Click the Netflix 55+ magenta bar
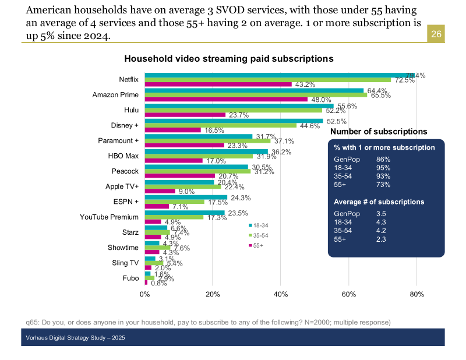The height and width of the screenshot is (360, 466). (x=218, y=84)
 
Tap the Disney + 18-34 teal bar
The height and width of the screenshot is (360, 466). (x=234, y=121)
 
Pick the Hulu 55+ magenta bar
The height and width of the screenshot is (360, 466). (x=185, y=115)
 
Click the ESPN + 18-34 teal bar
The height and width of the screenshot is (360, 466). (x=186, y=197)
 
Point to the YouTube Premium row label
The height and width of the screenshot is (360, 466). (x=109, y=217)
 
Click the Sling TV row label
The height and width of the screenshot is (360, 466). (x=125, y=263)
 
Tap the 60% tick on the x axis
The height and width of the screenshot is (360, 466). (x=348, y=294)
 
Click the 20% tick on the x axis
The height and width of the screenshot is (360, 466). (x=213, y=294)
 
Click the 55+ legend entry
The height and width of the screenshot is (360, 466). (x=257, y=245)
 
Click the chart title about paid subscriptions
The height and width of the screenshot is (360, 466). (x=228, y=59)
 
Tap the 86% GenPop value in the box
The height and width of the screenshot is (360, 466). (x=383, y=159)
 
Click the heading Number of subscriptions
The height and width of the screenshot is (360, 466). (x=379, y=132)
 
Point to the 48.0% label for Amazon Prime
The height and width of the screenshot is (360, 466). (x=320, y=100)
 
